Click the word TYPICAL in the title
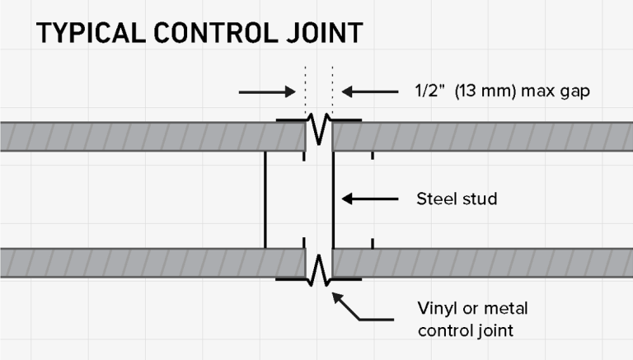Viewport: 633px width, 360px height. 91,33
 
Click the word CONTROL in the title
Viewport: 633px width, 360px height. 216,33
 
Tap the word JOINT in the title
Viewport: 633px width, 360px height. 325,33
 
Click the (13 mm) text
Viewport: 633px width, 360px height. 485,91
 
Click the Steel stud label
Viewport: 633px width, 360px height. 457,199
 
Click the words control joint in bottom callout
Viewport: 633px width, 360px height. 466,330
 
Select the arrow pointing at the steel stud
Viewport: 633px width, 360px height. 370,199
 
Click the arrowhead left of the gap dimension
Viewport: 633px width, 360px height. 290,92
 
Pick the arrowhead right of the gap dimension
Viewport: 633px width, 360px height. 347,92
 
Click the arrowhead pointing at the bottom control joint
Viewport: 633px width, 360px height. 338,299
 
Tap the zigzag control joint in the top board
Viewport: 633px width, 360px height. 319,129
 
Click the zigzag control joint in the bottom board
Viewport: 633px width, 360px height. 319,270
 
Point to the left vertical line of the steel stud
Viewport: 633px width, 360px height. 265,200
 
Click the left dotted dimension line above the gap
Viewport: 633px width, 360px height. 305,91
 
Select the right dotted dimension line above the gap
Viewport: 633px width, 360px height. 333,91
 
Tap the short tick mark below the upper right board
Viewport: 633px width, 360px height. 373,156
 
